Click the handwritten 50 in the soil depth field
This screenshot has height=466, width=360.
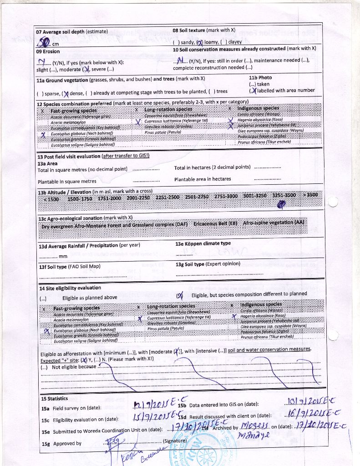coord(44,43)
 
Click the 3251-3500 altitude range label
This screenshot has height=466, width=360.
coord(284,195)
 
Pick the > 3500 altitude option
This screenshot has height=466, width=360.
coord(310,195)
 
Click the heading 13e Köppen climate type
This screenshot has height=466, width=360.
coord(203,243)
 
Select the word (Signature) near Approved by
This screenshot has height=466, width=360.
coord(175,441)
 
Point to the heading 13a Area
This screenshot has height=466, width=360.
coord(47,163)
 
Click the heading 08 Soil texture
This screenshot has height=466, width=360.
coord(189,30)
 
